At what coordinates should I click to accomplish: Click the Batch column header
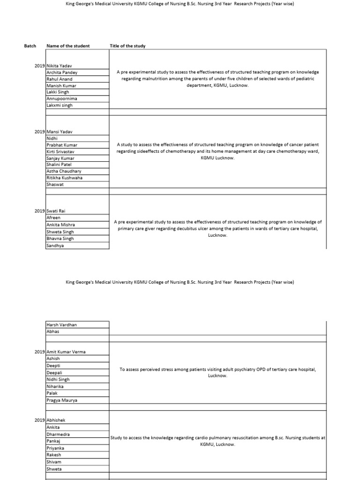click(x=30, y=46)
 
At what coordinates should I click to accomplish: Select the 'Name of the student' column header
click(x=68, y=46)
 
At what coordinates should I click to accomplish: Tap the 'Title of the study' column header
click(x=127, y=46)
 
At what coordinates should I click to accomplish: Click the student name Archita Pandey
click(x=62, y=73)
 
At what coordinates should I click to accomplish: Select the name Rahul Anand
click(x=59, y=79)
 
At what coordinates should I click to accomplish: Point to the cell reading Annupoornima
click(x=62, y=99)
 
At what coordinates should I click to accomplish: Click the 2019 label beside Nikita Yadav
click(x=39, y=66)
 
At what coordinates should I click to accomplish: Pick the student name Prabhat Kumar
click(x=62, y=145)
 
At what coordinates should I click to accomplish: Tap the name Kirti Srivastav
click(x=60, y=152)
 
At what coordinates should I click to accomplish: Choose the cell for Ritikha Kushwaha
click(x=65, y=178)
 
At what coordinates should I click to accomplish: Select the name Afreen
click(x=53, y=218)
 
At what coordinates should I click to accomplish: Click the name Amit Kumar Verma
click(x=66, y=352)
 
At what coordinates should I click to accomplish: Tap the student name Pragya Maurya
click(x=62, y=400)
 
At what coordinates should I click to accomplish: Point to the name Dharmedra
click(x=58, y=434)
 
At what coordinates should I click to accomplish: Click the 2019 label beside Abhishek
click(x=39, y=420)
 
